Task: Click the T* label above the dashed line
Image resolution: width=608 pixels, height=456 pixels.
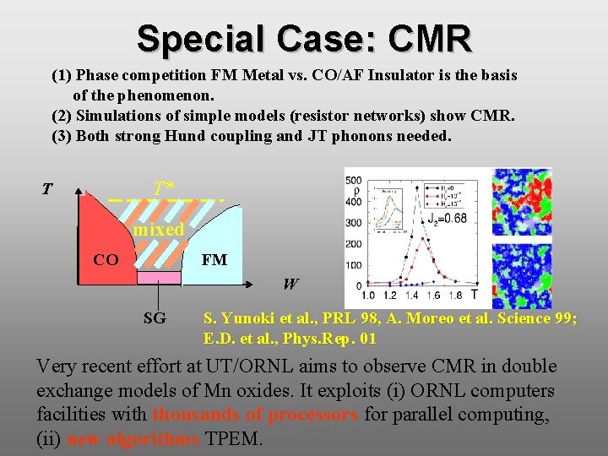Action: point(164,187)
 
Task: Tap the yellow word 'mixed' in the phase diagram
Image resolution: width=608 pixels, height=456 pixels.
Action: point(158,230)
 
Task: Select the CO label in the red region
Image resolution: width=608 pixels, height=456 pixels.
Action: point(106,259)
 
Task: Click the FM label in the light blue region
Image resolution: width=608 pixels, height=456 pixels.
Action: point(214,259)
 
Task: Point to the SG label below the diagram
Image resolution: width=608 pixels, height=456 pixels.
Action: point(155,318)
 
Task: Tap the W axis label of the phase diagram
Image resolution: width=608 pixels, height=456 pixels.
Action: point(290,285)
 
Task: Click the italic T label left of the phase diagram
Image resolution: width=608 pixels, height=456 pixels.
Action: point(47,189)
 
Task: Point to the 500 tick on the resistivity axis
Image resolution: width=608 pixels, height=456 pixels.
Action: point(353,180)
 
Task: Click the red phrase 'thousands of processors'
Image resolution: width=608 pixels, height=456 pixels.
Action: point(255,415)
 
